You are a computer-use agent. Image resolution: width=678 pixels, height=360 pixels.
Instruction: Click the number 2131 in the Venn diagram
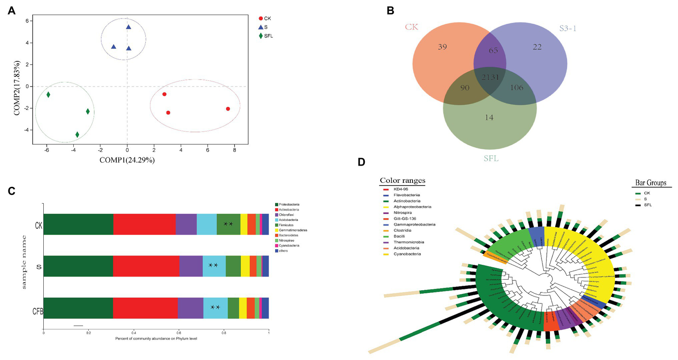tap(490, 78)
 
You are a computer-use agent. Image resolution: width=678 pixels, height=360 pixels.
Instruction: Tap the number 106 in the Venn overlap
tap(516, 87)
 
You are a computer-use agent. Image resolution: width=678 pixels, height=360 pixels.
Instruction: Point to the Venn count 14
tap(489, 117)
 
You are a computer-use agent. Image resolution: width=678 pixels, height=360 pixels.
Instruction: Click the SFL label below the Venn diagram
tap(491, 158)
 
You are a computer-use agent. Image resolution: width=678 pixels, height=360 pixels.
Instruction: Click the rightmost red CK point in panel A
tap(228, 109)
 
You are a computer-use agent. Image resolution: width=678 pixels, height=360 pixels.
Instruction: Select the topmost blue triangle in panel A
tap(129, 27)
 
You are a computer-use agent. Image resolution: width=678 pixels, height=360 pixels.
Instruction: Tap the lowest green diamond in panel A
tap(77, 135)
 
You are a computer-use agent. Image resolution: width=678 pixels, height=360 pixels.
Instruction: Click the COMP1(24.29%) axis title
tap(127, 160)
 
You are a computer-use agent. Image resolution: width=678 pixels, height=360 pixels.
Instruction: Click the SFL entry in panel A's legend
tap(268, 36)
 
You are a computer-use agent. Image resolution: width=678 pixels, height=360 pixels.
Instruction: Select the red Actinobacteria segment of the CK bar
tap(144, 224)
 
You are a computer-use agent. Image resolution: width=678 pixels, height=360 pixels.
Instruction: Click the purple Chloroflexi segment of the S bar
tap(191, 266)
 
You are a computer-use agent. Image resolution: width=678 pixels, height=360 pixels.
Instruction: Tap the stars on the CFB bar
tap(215, 307)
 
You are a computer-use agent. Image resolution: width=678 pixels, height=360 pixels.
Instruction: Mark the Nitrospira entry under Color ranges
tap(402, 213)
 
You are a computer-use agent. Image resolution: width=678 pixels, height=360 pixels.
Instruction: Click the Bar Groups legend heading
tap(651, 182)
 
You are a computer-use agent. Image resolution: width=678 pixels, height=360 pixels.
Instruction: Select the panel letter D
tap(361, 162)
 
